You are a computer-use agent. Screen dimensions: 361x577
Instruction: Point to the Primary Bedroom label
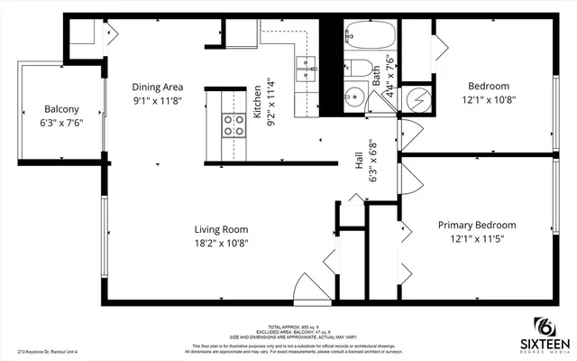(477, 225)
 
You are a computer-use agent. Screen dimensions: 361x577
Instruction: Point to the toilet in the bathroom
(355, 70)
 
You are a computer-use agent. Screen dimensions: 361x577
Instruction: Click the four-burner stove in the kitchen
(234, 125)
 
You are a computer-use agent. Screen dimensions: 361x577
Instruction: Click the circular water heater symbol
(418, 98)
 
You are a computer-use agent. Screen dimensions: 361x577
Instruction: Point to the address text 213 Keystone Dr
(54, 352)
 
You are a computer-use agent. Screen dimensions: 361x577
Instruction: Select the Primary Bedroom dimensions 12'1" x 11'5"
(477, 240)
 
